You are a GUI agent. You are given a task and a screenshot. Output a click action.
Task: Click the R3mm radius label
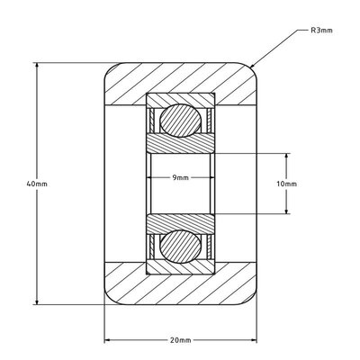click(322, 30)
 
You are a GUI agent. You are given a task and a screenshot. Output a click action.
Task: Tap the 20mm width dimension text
click(180, 340)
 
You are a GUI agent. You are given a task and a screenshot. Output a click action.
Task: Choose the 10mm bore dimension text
click(287, 183)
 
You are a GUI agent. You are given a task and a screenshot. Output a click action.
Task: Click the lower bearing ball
click(180, 246)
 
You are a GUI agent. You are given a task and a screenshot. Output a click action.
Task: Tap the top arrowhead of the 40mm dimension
click(37, 65)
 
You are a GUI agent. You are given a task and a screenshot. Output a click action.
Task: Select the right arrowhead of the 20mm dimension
click(254, 340)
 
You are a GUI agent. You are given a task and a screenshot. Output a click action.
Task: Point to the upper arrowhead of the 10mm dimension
click(287, 156)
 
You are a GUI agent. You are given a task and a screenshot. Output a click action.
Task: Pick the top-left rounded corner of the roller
click(111, 67)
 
